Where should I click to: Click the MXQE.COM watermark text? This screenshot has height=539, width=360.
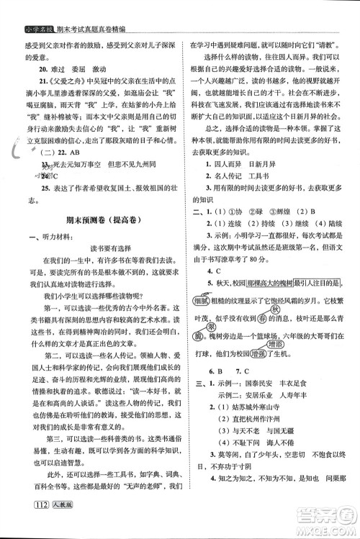pyautogui.click(x=322, y=526)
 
